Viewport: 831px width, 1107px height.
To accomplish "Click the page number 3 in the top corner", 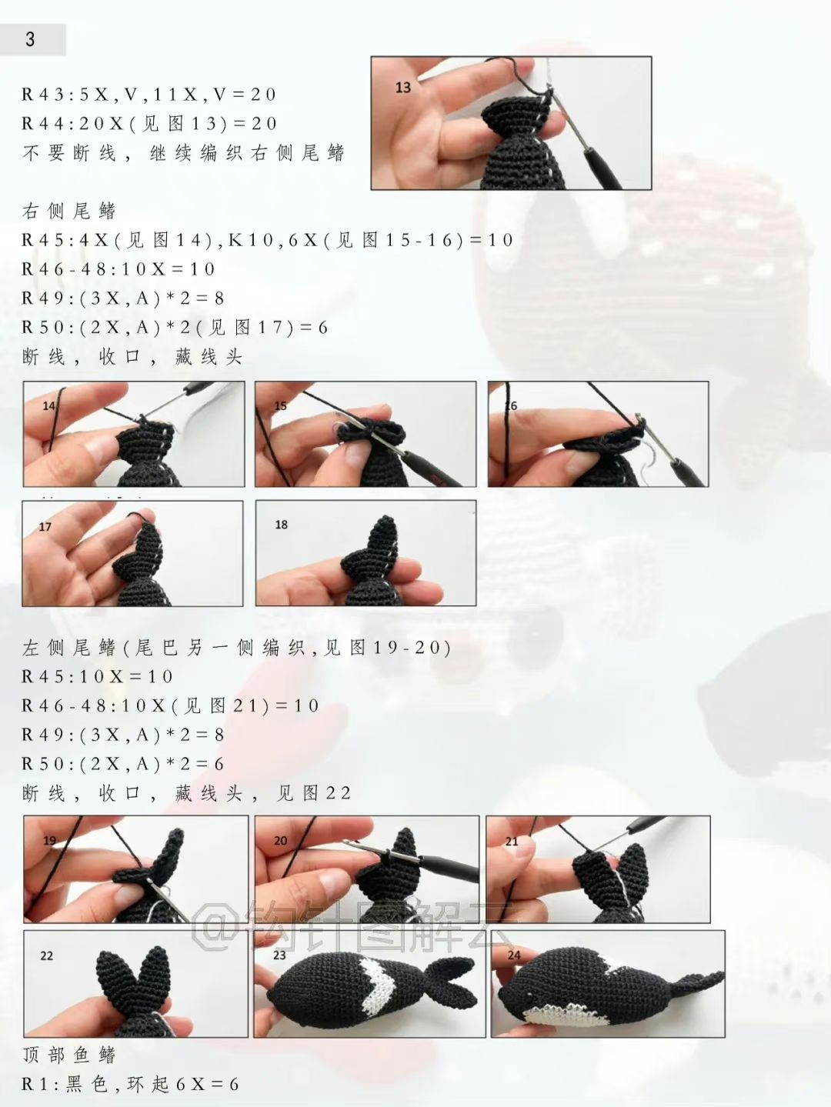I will pos(30,39).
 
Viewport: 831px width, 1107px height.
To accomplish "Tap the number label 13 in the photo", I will pos(403,88).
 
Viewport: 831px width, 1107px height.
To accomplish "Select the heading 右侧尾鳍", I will pos(68,211).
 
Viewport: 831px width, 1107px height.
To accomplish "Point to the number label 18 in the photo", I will pos(281,525).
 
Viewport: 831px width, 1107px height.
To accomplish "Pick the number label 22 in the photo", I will pos(46,955).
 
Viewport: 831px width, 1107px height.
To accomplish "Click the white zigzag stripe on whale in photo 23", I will pos(377,981).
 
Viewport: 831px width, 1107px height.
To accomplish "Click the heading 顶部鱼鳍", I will pos(68,1055).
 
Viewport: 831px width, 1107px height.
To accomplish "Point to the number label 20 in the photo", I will pos(280,841).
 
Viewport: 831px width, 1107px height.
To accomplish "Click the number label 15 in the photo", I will pos(280,405).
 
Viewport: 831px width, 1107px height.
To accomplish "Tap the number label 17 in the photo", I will pos(45,527).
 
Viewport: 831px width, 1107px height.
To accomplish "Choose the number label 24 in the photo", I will pos(514,955).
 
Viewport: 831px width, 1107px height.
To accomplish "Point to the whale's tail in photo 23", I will pos(450,977).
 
